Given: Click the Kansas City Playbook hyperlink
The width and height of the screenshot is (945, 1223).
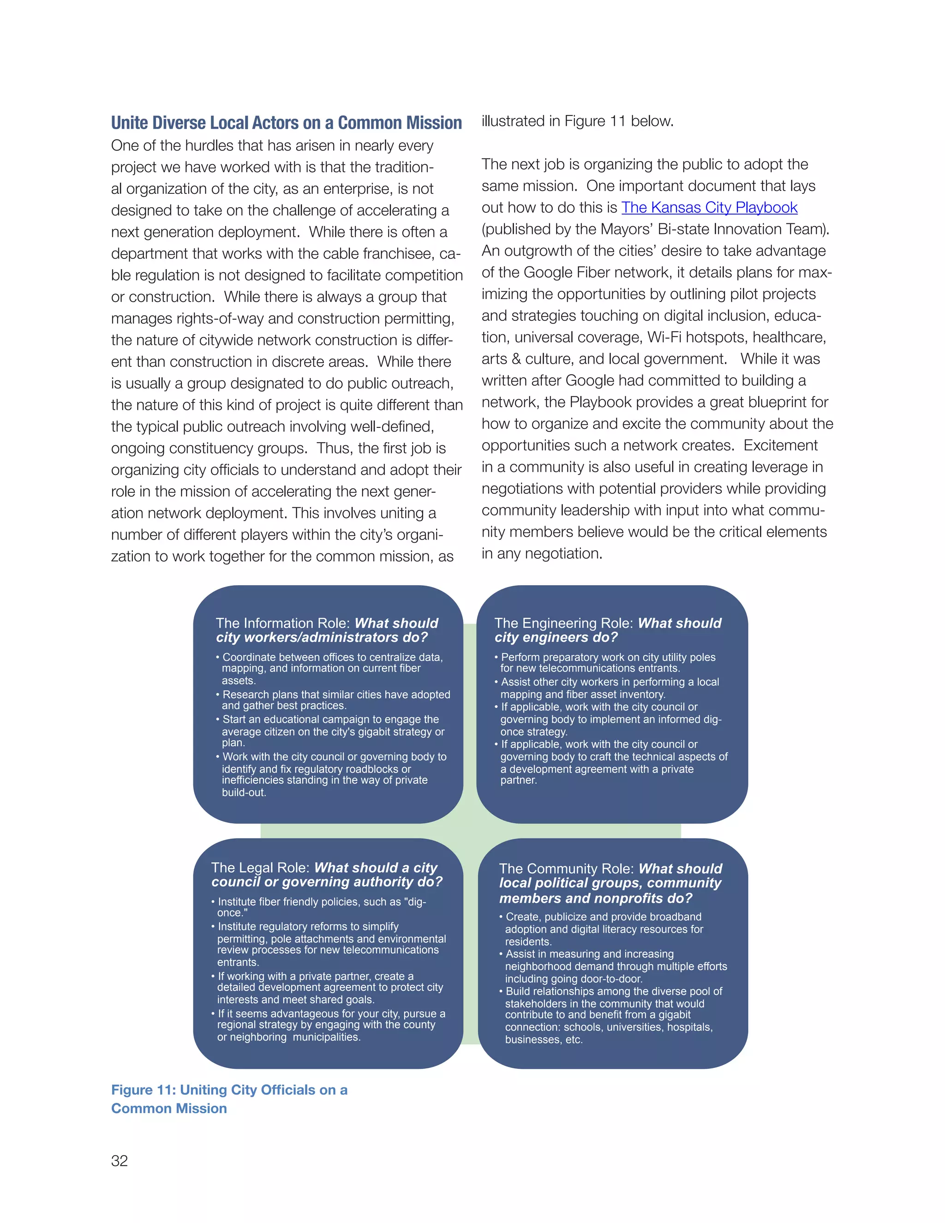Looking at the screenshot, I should click(709, 208).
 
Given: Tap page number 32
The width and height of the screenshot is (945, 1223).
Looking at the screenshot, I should click(119, 1161).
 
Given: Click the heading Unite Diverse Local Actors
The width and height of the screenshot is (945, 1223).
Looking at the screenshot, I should click(286, 123).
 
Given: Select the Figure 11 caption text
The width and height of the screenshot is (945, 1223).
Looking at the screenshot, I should click(229, 1099).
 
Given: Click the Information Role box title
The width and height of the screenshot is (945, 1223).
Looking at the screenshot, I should click(327, 630).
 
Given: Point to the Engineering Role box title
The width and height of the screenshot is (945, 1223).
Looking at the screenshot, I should click(607, 630).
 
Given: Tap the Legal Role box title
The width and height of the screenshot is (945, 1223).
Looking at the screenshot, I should click(326, 874).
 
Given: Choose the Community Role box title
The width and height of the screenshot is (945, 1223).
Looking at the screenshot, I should click(610, 883).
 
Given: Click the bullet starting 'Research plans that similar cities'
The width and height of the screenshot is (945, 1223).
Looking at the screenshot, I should click(335, 700).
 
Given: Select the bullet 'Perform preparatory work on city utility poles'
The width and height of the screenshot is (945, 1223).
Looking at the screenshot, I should click(607, 662).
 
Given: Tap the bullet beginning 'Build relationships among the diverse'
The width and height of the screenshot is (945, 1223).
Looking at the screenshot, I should click(613, 1015).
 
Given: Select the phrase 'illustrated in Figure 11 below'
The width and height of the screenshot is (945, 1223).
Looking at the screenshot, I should click(577, 121).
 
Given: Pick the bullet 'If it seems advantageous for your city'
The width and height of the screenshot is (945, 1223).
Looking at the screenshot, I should click(330, 1025).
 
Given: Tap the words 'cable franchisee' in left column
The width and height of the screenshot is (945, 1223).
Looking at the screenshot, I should click(380, 254).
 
